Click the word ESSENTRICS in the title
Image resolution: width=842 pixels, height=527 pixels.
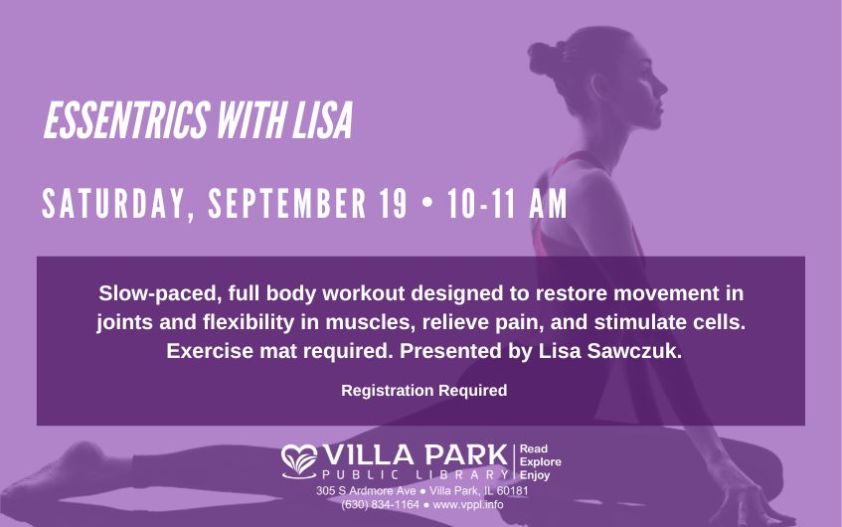pyautogui.click(x=126, y=120)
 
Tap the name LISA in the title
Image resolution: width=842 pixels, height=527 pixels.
pyautogui.click(x=322, y=120)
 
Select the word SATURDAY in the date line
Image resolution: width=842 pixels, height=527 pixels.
pyautogui.click(x=114, y=204)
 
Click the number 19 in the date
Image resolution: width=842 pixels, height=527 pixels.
pyautogui.click(x=393, y=203)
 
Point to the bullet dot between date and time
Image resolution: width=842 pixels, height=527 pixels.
pyautogui.click(x=427, y=203)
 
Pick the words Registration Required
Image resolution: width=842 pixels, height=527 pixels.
pyautogui.click(x=424, y=390)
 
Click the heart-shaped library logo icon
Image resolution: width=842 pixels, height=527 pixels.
pyautogui.click(x=299, y=461)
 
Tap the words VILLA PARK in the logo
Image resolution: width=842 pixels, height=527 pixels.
pyautogui.click(x=416, y=455)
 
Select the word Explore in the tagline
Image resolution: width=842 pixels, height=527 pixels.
pyautogui.click(x=540, y=462)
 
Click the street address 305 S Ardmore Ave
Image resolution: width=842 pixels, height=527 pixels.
pyautogui.click(x=366, y=491)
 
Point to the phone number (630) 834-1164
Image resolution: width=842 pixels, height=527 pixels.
pyautogui.click(x=380, y=505)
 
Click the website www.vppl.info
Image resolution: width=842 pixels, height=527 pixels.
pyautogui.click(x=467, y=505)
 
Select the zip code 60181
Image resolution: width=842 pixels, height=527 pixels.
pyautogui.click(x=512, y=491)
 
